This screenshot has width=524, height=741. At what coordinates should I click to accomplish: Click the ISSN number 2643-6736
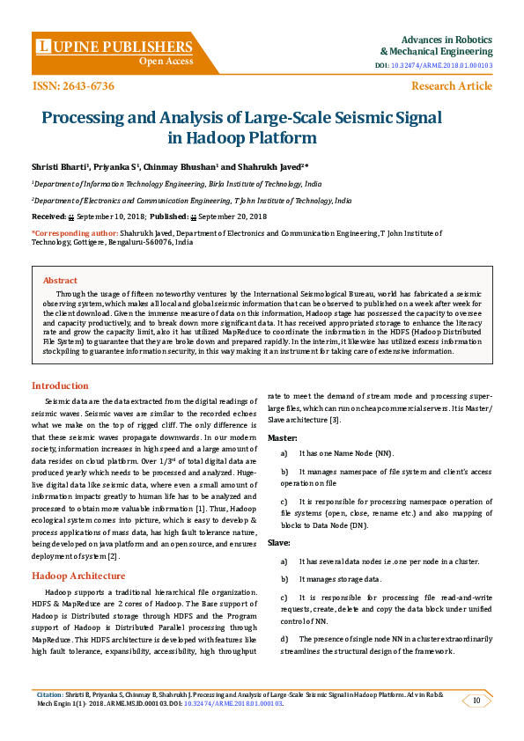pos(73,85)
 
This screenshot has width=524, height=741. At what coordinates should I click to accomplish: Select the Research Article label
pos(452,85)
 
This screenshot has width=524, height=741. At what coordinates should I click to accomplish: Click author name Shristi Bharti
pos(57,165)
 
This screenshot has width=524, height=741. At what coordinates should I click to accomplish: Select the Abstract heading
pos(60,280)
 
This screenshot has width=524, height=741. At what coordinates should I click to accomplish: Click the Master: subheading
pos(283,437)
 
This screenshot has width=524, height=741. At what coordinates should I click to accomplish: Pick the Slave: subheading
pos(279,543)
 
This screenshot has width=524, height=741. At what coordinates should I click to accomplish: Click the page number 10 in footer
pos(476,701)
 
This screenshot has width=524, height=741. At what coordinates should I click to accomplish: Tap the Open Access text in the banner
pos(166,62)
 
